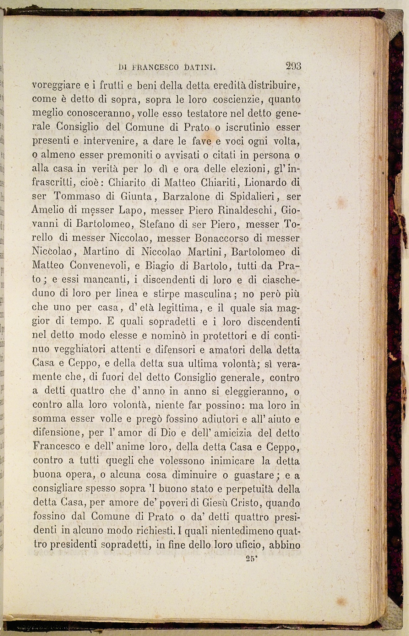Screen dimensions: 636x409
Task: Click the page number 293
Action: point(293,66)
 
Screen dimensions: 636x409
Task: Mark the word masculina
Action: point(208,294)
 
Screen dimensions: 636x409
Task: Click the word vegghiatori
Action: point(79,349)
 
